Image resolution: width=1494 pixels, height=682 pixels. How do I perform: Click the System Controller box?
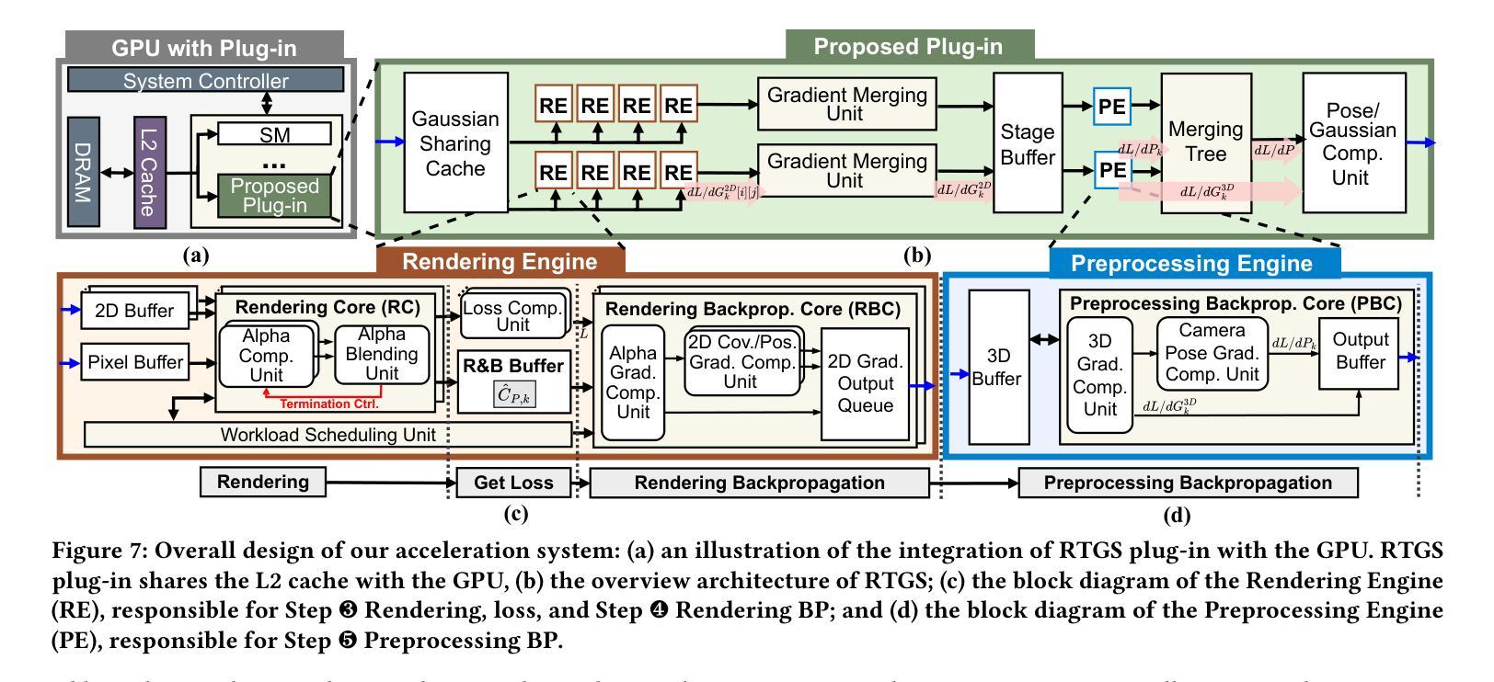[x=205, y=81]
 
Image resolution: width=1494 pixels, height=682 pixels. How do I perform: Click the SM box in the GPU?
[x=274, y=135]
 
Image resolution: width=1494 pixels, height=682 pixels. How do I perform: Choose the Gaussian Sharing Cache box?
[x=454, y=143]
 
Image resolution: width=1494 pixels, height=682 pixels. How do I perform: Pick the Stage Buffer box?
[x=1028, y=144]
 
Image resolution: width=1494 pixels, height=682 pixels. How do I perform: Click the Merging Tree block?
[x=1205, y=142]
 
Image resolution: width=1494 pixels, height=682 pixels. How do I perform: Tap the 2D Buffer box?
[x=134, y=311]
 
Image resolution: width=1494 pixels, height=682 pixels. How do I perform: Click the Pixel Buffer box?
[x=134, y=362]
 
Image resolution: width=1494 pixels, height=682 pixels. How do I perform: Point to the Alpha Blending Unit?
[x=382, y=354]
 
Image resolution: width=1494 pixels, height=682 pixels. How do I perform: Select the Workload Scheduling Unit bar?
[x=327, y=434]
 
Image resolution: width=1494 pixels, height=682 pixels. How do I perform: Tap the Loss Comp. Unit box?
[x=512, y=316]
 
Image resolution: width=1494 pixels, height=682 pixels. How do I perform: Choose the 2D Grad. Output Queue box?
[x=865, y=382]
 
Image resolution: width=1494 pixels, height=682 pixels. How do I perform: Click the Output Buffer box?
[x=1360, y=351]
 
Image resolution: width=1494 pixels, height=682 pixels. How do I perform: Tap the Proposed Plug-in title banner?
[x=909, y=45]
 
